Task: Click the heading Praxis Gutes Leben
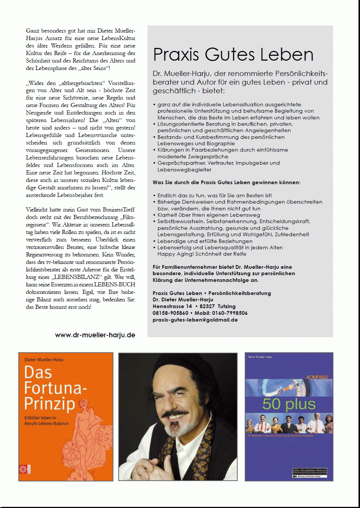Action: pos(233,55)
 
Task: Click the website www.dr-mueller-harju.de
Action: pos(95,335)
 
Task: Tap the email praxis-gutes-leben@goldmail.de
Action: pos(195,320)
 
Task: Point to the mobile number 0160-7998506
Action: pos(230,313)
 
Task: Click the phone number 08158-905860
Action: pos(170,313)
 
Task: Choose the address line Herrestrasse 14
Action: pos(172,306)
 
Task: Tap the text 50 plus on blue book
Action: pos(289,404)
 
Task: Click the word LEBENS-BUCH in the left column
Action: pos(115,285)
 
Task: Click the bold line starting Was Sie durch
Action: pos(226,182)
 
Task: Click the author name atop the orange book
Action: pos(44,360)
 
